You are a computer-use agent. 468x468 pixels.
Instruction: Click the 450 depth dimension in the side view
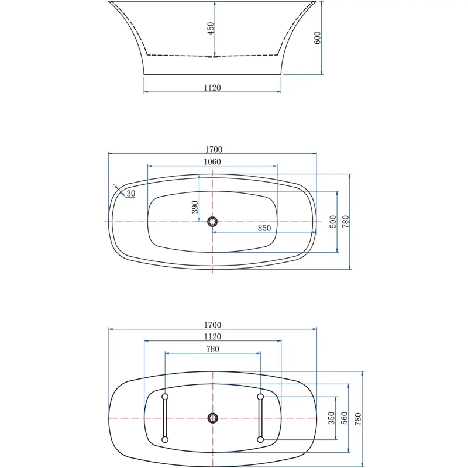210,29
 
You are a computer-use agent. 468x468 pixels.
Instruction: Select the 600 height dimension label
317,38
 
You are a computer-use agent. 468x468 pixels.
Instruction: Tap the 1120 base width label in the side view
212,88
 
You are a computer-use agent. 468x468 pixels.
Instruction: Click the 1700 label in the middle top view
212,150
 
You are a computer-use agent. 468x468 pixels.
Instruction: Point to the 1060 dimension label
212,162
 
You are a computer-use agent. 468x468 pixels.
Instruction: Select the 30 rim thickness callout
130,194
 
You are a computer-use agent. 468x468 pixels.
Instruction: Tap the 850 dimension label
264,228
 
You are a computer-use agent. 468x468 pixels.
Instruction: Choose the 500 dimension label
333,222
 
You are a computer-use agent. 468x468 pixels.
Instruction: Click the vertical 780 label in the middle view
345,222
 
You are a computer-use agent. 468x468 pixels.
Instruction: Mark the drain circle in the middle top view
212,221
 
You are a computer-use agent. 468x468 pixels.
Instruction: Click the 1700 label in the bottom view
212,325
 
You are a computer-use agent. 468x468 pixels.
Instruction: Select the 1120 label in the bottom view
212,336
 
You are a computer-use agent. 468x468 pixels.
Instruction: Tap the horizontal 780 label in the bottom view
212,349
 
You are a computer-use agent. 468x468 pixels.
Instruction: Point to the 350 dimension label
331,418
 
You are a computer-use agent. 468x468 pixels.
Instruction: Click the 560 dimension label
345,418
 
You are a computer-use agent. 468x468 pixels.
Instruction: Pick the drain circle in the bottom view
212,418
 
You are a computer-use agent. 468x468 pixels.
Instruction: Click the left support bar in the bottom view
165,418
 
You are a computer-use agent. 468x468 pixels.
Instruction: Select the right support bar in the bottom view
260,418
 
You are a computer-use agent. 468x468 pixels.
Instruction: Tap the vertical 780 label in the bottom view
358,418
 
